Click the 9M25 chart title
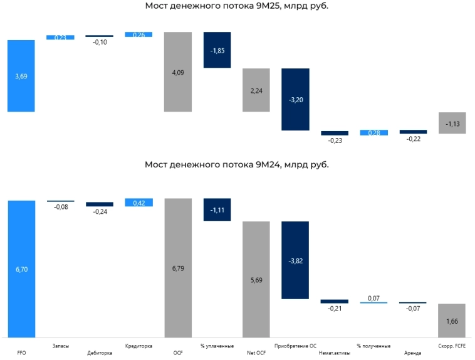click(x=236, y=6)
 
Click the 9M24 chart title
click(x=236, y=164)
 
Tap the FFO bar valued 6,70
click(x=21, y=269)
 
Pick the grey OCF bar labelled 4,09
click(x=178, y=72)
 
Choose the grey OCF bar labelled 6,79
click(x=178, y=269)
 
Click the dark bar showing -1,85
click(x=217, y=50)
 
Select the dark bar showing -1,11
click(x=217, y=209)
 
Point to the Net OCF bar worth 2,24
click(x=256, y=90)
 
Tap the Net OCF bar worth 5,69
click(x=256, y=280)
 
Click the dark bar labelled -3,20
click(x=295, y=99)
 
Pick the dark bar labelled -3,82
click(x=295, y=260)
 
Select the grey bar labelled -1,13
click(x=452, y=124)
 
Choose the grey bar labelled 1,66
click(x=452, y=321)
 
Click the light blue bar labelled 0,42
click(x=139, y=203)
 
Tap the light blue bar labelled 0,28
click(x=373, y=133)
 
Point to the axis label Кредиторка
click(x=139, y=346)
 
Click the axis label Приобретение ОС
click(x=295, y=346)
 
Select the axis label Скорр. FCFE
click(x=452, y=346)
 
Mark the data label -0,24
click(x=100, y=212)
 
